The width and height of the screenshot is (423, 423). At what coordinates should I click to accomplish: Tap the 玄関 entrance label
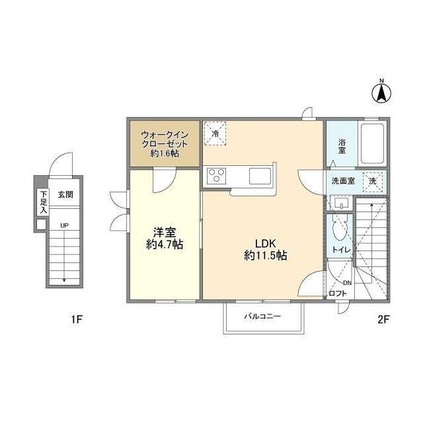[x=65, y=194]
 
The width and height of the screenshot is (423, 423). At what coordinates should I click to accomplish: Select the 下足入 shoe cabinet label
[x=43, y=202]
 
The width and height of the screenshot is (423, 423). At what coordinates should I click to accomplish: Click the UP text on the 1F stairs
[x=64, y=225]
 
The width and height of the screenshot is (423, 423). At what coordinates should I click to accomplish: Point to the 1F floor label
[x=77, y=319]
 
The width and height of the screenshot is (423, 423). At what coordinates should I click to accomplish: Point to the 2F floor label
[x=383, y=319]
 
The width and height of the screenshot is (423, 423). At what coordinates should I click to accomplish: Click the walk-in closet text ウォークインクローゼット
[x=165, y=139]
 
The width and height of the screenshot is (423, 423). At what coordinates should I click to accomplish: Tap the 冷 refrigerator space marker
[x=215, y=134]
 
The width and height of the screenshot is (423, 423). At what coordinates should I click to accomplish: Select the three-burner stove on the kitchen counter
[x=216, y=176]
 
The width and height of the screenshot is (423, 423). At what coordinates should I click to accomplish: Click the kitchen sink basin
[x=260, y=176]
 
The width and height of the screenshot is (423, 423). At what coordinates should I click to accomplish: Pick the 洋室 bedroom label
[x=165, y=232]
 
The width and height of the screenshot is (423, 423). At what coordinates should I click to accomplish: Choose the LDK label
[x=266, y=243]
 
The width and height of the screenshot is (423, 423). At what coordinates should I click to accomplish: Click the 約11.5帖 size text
[x=266, y=255]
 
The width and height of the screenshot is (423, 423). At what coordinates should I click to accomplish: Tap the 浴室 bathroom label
[x=342, y=146]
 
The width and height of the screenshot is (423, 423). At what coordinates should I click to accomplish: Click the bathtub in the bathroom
[x=372, y=143]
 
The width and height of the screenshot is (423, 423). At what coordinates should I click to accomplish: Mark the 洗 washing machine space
[x=373, y=181]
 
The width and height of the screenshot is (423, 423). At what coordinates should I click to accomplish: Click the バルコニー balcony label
[x=262, y=316]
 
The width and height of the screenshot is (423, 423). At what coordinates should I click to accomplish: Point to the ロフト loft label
[x=338, y=293]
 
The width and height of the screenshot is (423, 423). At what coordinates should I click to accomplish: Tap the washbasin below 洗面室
[x=342, y=203]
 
